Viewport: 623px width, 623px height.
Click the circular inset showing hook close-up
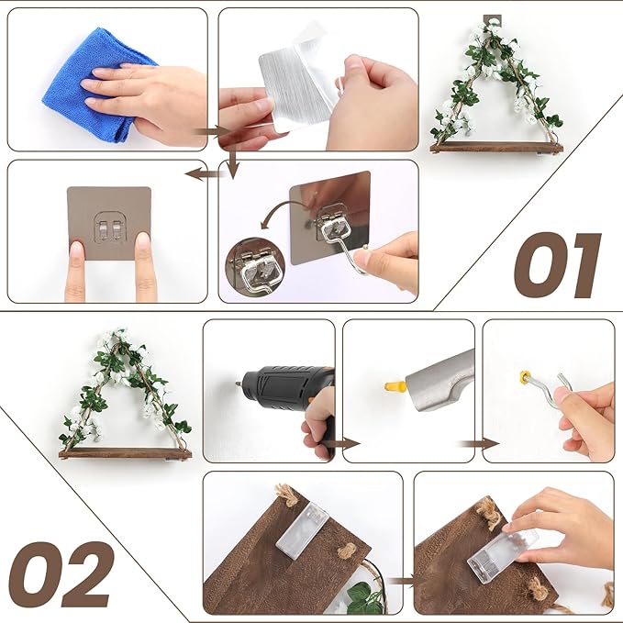pyautogui.click(x=254, y=265)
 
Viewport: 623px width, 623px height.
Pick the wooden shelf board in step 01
pyautogui.click(x=496, y=146)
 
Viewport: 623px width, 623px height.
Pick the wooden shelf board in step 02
pyautogui.click(x=125, y=453)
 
